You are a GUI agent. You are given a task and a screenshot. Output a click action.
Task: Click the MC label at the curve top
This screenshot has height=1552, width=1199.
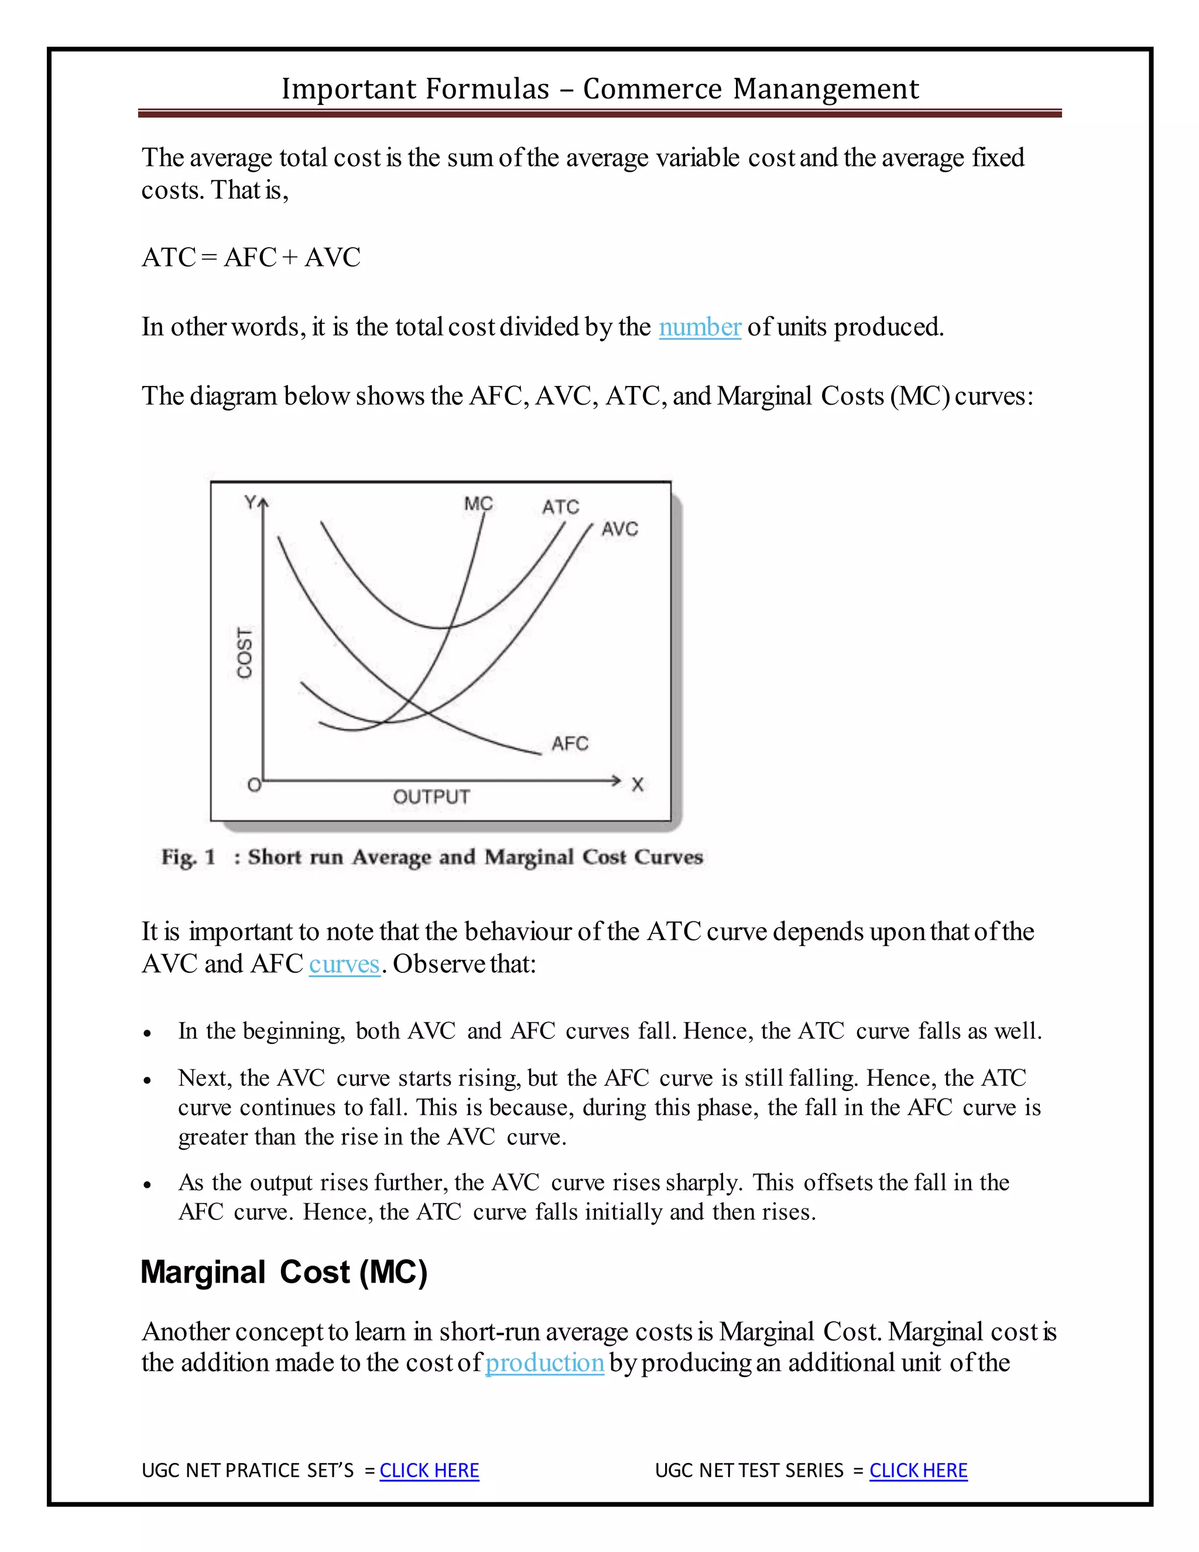pyautogui.click(x=478, y=503)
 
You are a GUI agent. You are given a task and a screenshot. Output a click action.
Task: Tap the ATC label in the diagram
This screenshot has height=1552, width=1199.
pyautogui.click(x=560, y=507)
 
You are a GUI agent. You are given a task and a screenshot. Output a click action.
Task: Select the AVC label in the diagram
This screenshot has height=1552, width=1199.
pyautogui.click(x=619, y=529)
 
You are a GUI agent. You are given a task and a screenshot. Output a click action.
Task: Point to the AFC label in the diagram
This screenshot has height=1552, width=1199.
pyautogui.click(x=570, y=743)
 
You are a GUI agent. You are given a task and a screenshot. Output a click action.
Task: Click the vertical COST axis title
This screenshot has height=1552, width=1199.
pyautogui.click(x=244, y=652)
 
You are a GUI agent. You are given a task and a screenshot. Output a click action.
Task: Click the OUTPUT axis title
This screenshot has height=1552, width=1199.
pyautogui.click(x=431, y=796)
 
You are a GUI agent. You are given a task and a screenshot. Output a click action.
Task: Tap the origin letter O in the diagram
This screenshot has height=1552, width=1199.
pyautogui.click(x=253, y=785)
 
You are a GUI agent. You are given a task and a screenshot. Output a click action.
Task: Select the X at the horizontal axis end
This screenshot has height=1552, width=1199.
pyautogui.click(x=637, y=785)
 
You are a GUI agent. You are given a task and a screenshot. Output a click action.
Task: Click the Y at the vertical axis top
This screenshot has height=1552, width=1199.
pyautogui.click(x=250, y=502)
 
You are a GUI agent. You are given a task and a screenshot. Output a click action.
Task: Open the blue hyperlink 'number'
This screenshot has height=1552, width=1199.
pyautogui.click(x=700, y=327)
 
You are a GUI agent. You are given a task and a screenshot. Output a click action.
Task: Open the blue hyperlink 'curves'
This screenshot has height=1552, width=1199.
pyautogui.click(x=344, y=965)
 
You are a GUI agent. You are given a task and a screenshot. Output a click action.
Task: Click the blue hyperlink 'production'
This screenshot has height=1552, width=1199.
pyautogui.click(x=544, y=1363)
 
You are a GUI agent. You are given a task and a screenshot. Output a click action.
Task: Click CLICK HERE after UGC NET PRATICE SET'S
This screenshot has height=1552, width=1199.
pyautogui.click(x=429, y=1470)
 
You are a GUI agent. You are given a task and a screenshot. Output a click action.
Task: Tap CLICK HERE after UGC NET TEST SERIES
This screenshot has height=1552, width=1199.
pyautogui.click(x=918, y=1470)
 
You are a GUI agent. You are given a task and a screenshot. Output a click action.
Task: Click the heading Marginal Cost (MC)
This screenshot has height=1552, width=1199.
pyautogui.click(x=284, y=1272)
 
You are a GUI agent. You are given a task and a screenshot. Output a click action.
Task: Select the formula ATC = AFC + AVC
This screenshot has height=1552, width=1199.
pyautogui.click(x=251, y=257)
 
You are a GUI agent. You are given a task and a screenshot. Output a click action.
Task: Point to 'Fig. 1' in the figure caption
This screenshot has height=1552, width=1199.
pyautogui.click(x=189, y=857)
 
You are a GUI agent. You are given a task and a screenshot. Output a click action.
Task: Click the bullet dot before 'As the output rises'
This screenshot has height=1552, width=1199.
pyautogui.click(x=147, y=1185)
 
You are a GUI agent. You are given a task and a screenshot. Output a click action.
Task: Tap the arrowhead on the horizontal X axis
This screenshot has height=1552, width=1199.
pyautogui.click(x=616, y=780)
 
